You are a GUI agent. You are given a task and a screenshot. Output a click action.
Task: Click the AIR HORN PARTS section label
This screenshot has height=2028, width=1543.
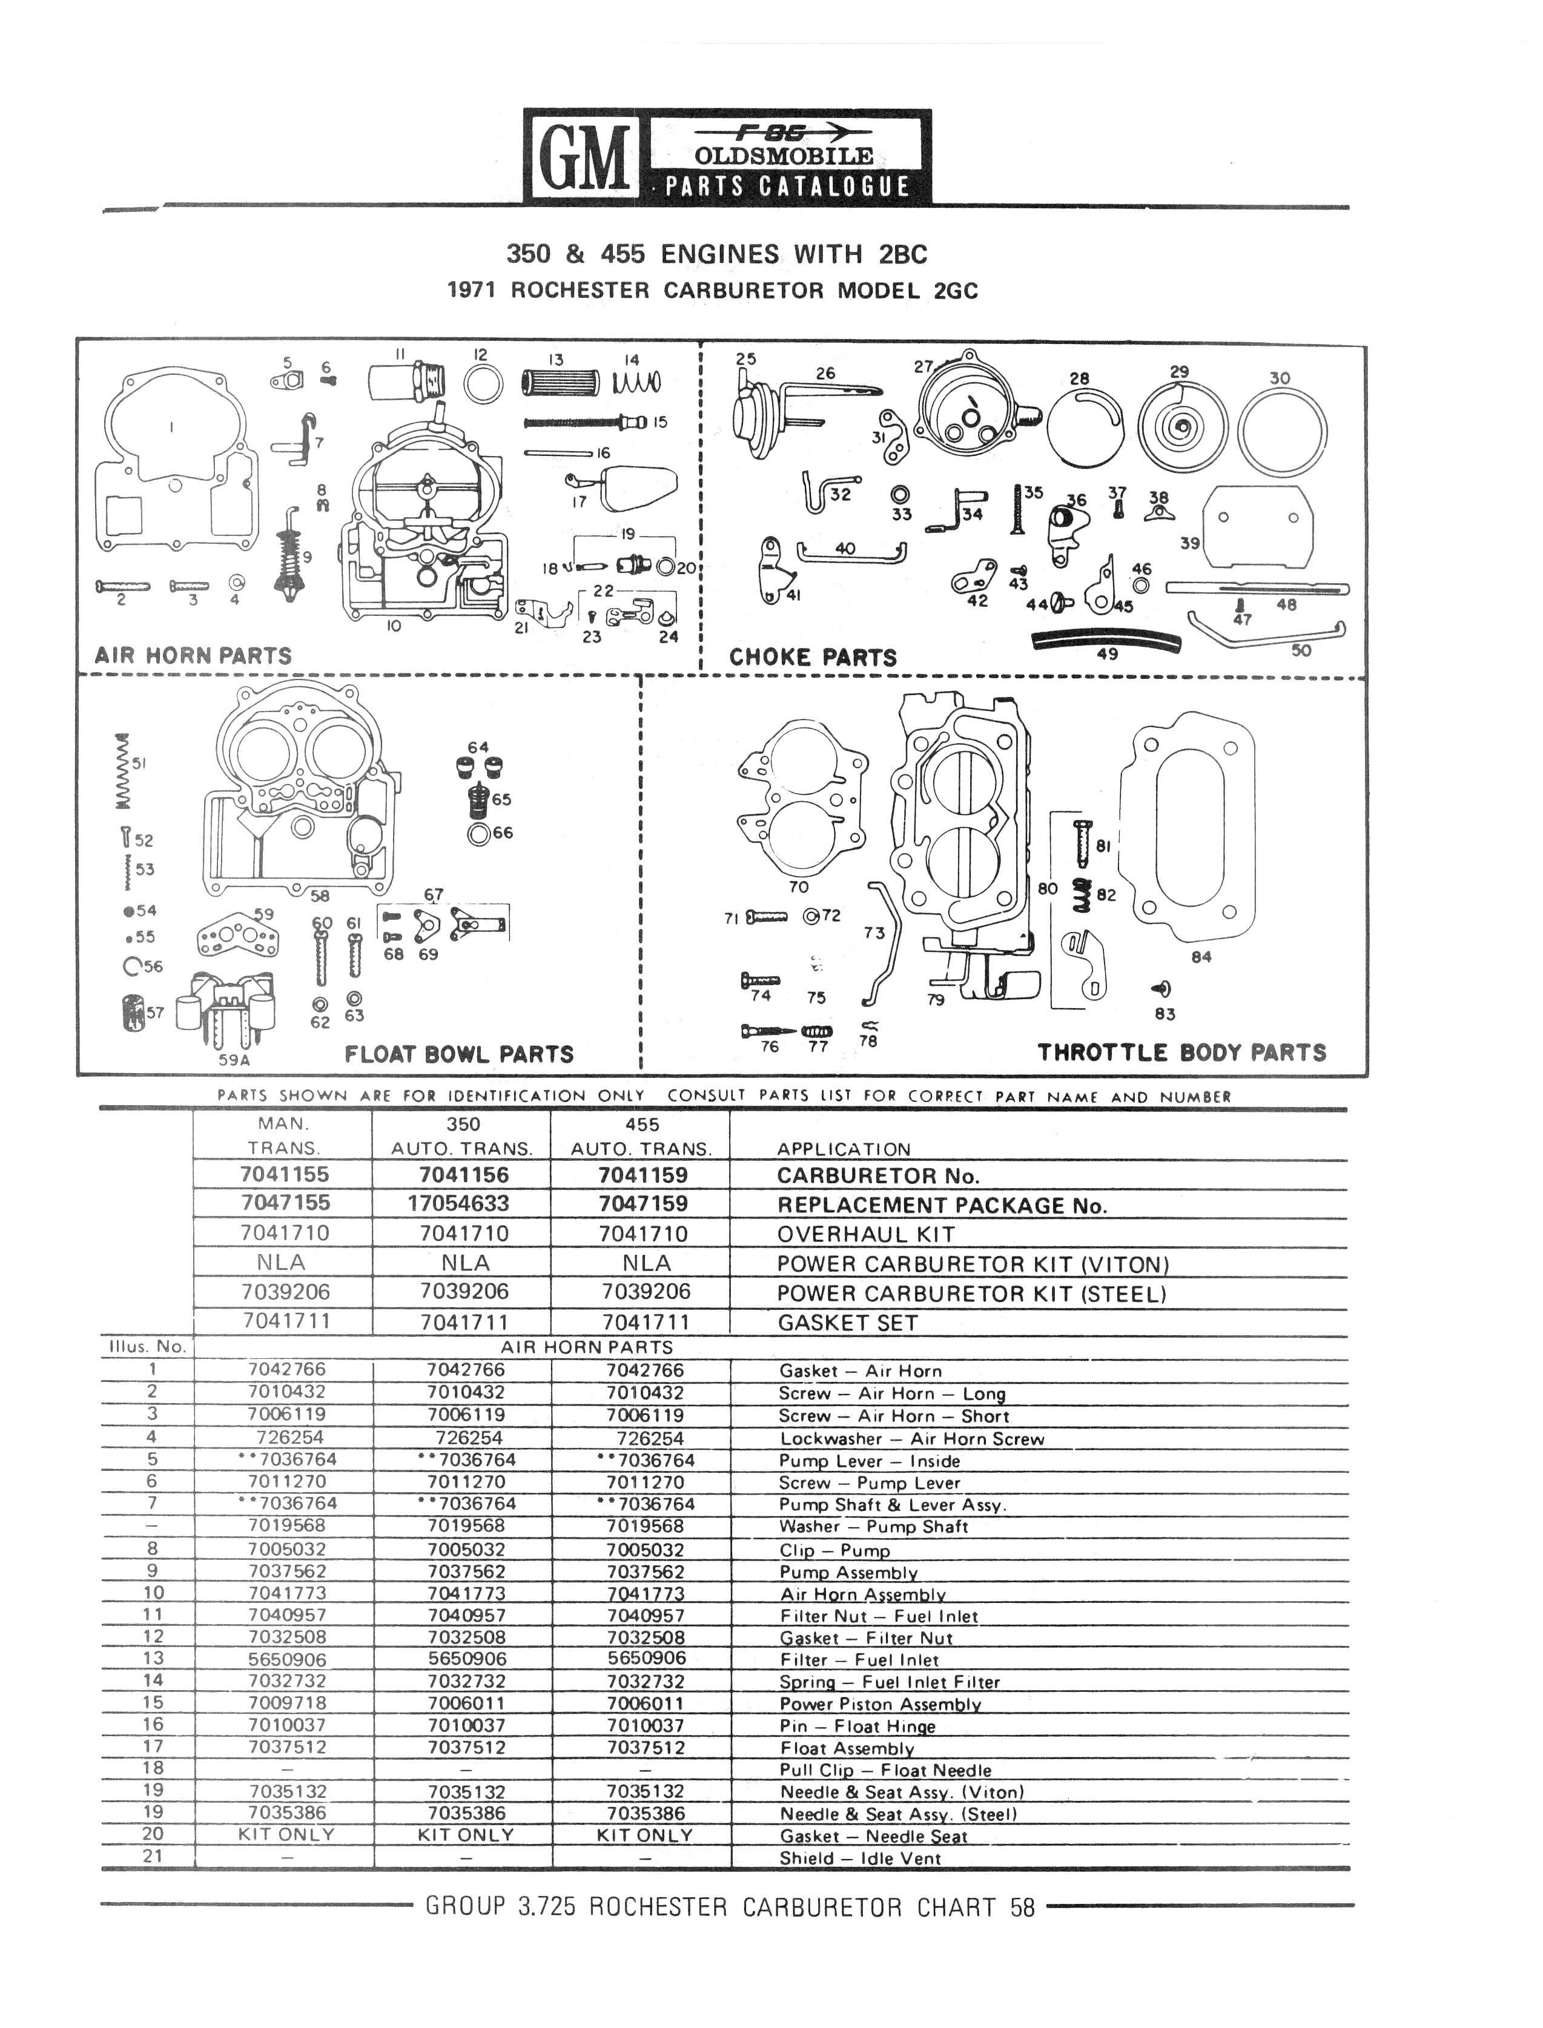(x=193, y=656)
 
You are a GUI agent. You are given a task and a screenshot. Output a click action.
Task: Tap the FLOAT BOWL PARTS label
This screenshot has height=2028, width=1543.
(x=459, y=1054)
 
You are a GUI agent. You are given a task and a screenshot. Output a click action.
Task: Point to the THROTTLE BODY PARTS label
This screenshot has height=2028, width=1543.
(x=1182, y=1052)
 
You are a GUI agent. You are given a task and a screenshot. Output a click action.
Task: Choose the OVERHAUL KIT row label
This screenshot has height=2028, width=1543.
(x=866, y=1235)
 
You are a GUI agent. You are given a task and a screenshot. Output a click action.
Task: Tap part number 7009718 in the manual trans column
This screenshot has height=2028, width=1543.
(x=286, y=1703)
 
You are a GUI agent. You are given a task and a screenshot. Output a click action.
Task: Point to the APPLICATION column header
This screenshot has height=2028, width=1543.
(x=844, y=1149)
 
